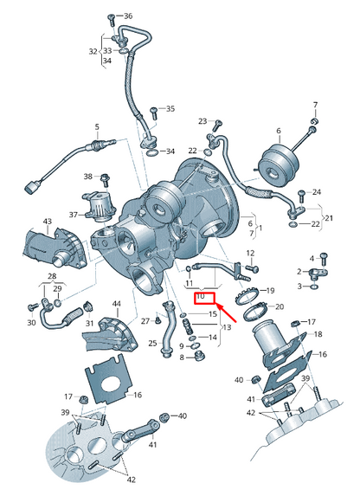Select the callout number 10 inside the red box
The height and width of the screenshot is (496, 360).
[201, 296]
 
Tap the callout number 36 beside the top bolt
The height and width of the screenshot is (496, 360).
[128, 16]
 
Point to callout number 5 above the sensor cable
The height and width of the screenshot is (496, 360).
[97, 126]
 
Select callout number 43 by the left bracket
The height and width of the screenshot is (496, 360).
[47, 222]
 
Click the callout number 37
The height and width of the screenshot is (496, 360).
[74, 216]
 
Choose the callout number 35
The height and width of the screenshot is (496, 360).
[170, 109]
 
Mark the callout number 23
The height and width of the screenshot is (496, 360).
[202, 121]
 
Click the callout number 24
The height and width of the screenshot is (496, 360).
[316, 191]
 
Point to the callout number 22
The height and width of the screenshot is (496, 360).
[315, 224]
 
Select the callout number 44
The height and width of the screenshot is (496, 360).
[116, 304]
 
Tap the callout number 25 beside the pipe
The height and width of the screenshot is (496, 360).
[152, 344]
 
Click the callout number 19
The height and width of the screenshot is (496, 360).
[269, 290]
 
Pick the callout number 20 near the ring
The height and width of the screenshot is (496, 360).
[279, 306]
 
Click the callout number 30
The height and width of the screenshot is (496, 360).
[31, 322]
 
